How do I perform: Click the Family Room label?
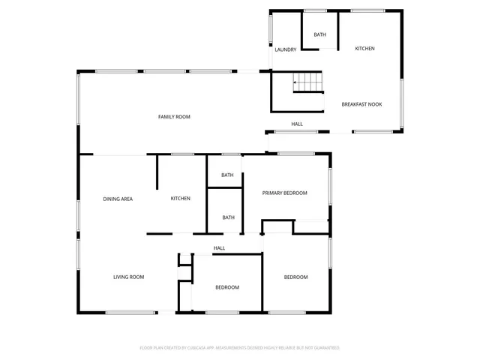click(174, 117)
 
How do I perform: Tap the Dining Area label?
click(118, 199)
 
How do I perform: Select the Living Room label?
click(128, 277)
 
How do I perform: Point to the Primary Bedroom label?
click(284, 193)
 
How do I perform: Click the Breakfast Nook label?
click(361, 104)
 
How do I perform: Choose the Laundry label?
click(285, 50)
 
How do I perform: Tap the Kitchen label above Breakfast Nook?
click(364, 49)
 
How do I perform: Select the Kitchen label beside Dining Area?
click(180, 199)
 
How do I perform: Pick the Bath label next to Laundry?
click(319, 35)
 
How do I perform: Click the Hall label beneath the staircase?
click(297, 124)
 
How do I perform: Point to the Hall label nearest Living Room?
click(219, 248)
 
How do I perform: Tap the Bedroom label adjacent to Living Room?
click(227, 288)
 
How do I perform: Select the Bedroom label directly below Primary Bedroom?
click(295, 277)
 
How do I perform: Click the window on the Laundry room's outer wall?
click(271, 29)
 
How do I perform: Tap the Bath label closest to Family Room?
click(227, 175)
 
